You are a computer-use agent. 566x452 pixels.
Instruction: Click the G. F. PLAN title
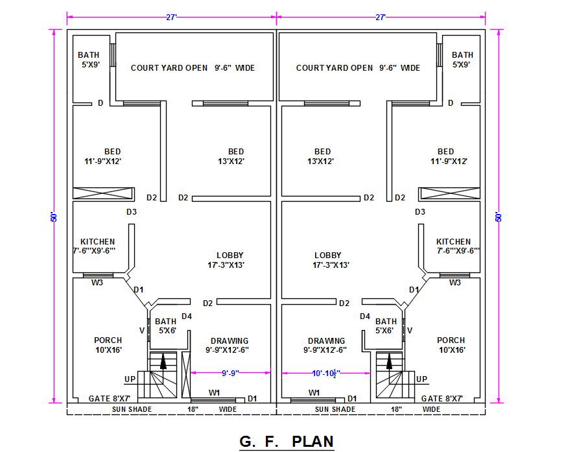pos(287,442)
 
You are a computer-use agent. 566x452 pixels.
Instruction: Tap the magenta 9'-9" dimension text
pos(230,373)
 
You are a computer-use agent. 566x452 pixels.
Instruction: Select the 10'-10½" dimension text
pos(326,374)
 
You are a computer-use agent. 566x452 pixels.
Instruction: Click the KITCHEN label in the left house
pos(97,241)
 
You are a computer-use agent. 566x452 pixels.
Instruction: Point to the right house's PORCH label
pos(451,340)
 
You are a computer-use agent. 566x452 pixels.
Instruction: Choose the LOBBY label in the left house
pos(230,256)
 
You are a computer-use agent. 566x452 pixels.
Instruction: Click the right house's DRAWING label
pos(326,341)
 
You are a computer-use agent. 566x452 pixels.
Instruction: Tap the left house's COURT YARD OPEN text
pos(169,68)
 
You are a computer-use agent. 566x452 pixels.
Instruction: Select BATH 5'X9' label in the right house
pos(462,60)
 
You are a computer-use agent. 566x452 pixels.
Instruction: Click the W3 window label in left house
pos(97,283)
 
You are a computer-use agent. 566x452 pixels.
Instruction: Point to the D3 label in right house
pos(420,212)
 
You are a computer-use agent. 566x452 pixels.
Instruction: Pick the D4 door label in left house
pos(187,316)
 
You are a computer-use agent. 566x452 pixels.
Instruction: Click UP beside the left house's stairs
pos(130,379)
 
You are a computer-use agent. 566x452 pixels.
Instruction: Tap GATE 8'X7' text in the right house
pos(442,399)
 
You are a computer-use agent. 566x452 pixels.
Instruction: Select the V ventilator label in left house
pos(142,330)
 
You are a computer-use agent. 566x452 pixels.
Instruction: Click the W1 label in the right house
pos(314,393)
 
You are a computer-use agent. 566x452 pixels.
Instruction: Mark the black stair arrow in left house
pos(163,361)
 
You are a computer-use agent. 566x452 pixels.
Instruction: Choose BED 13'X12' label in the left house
pos(231,156)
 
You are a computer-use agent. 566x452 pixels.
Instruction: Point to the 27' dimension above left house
pos(171,17)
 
